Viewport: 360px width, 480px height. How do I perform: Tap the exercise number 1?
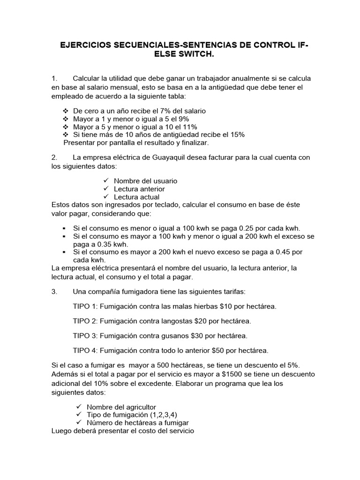click(x=54, y=78)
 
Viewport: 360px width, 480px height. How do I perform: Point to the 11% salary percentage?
click(x=189, y=127)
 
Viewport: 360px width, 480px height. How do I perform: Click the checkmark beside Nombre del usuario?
click(x=105, y=180)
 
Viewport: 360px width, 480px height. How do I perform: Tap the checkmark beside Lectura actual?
click(x=105, y=197)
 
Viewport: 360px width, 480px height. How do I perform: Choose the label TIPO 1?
click(x=86, y=307)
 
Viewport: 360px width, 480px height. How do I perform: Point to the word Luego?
click(x=61, y=430)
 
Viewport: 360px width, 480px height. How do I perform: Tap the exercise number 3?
click(x=54, y=292)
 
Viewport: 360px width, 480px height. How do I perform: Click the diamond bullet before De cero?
click(x=65, y=111)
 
